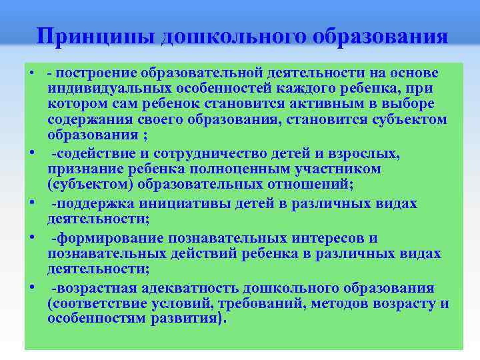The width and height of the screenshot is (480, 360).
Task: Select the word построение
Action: [x=95, y=72]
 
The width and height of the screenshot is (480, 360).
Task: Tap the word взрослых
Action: [x=368, y=154]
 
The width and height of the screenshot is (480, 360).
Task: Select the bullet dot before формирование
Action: [x=32, y=235]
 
